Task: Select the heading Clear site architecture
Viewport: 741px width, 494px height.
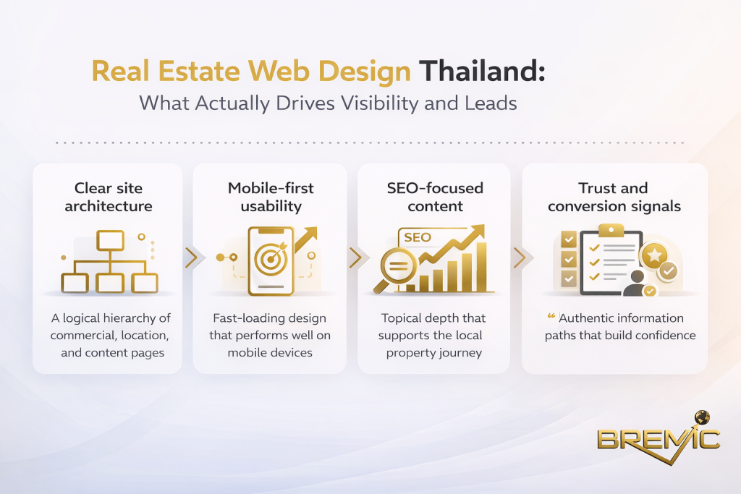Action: coord(109,197)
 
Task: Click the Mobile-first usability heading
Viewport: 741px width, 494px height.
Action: coord(271,197)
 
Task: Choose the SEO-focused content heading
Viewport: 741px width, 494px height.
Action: coord(435,197)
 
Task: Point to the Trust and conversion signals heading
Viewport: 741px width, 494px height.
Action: coord(614,197)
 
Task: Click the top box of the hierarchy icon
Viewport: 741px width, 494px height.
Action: coord(111,239)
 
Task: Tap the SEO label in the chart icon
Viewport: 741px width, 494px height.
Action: coord(418,237)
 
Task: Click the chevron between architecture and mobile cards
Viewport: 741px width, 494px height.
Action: coord(190,257)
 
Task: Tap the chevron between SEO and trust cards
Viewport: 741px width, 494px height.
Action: coord(518,257)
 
